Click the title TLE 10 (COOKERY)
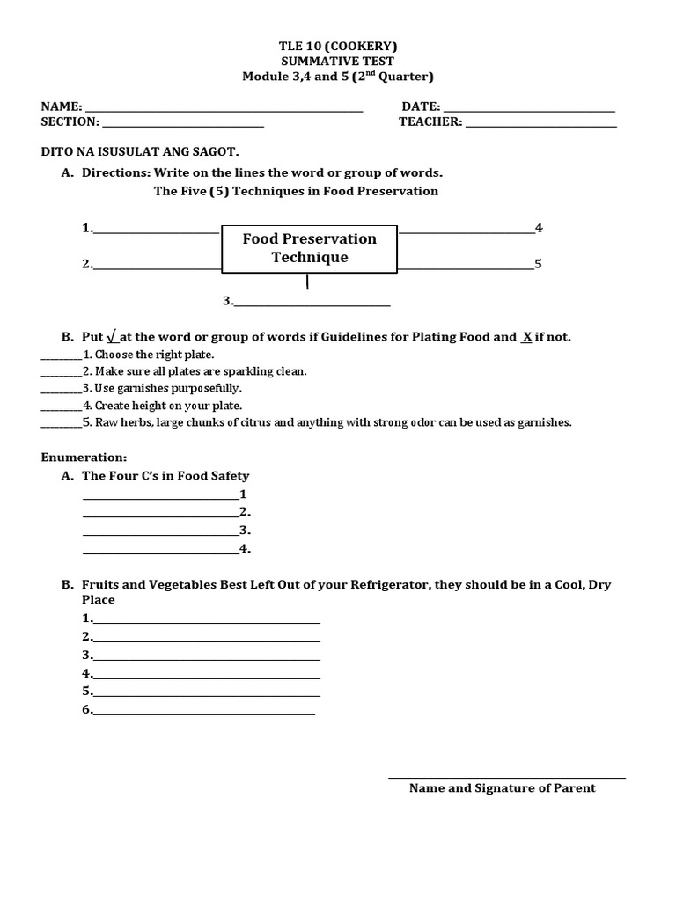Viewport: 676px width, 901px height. pos(338,45)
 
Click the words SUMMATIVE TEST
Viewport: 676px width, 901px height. pos(338,61)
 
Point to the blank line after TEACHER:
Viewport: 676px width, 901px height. pos(541,125)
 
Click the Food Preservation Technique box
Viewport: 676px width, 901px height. pos(309,248)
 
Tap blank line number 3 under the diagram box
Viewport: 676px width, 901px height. pos(312,304)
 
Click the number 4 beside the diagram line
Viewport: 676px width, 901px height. pos(539,228)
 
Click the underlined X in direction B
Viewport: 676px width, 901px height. pos(526,337)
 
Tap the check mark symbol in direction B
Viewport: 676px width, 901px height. pos(112,337)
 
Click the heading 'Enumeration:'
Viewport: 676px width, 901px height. pos(84,458)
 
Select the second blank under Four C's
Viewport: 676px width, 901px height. pos(159,515)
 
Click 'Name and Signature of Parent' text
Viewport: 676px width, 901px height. pos(502,788)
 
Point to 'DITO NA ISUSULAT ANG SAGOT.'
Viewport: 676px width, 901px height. pos(140,151)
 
